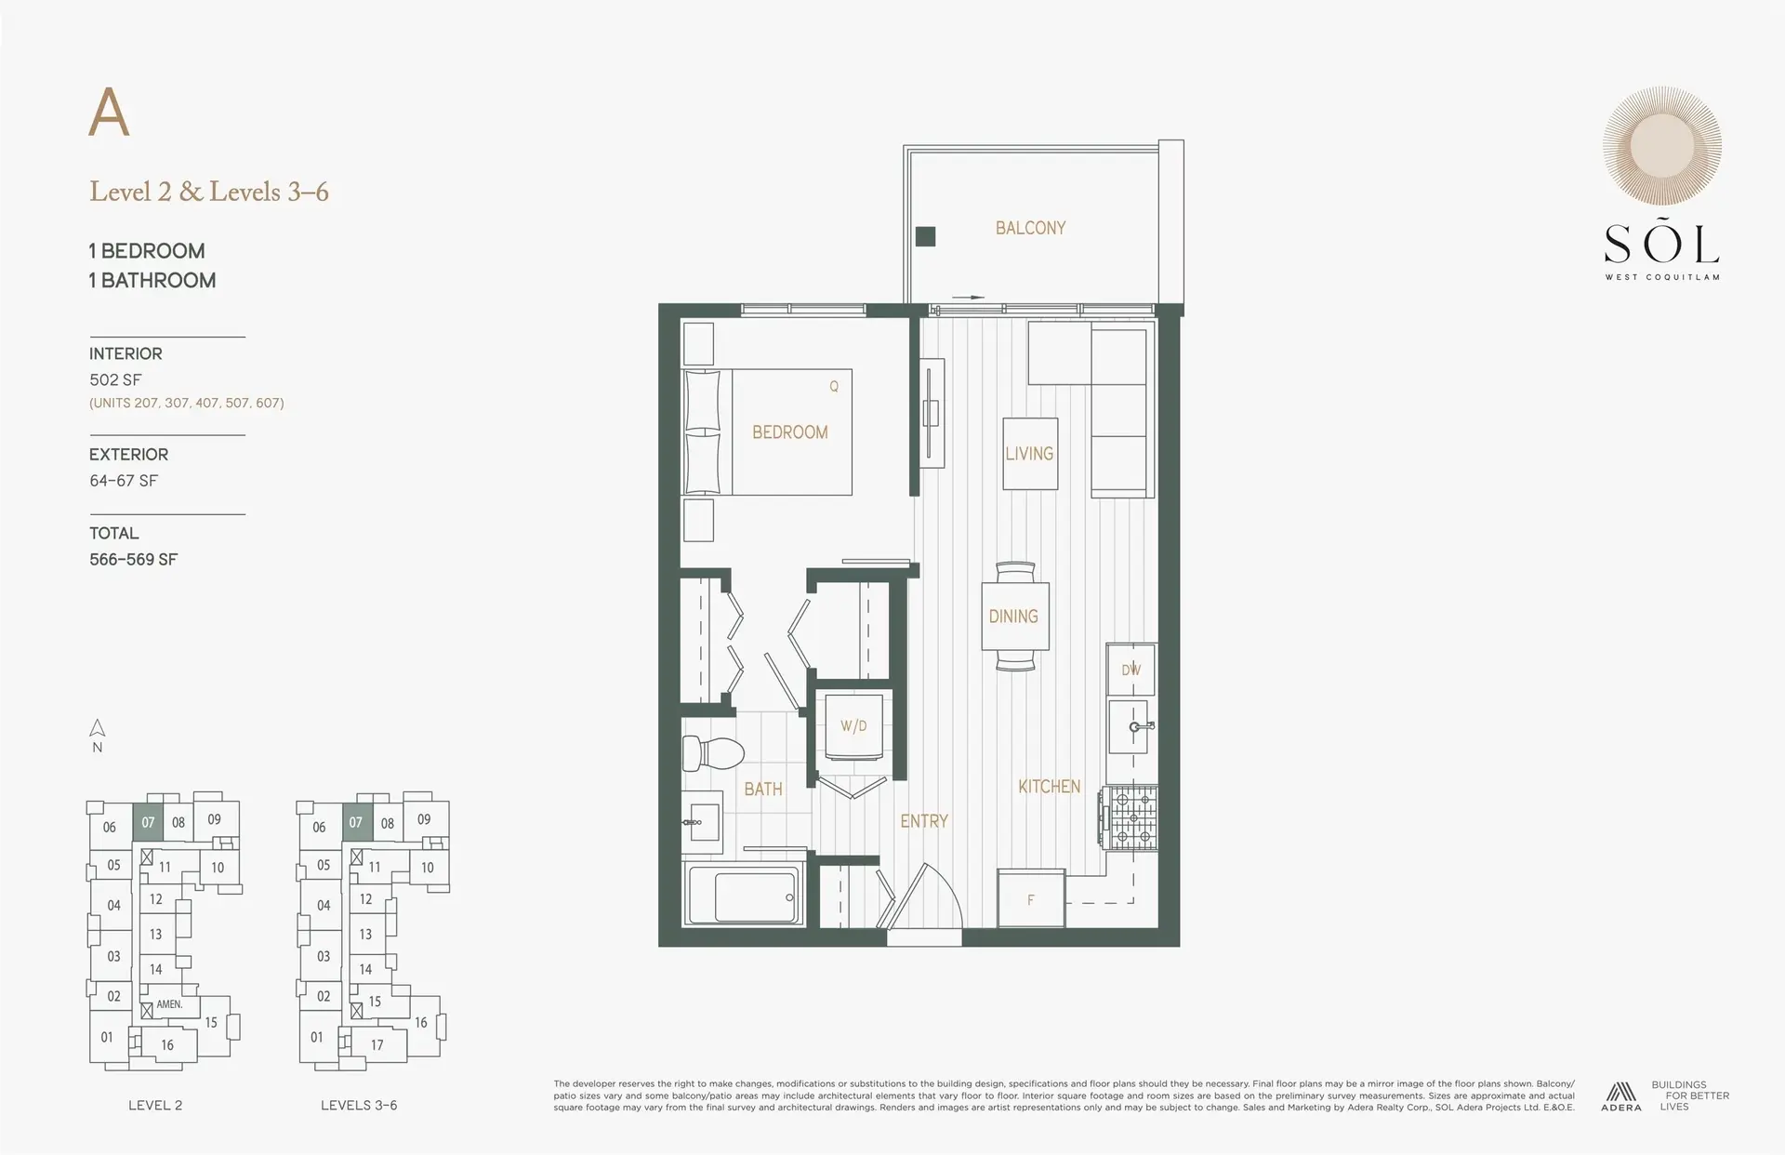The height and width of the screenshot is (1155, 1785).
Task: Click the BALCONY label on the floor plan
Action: click(x=1030, y=228)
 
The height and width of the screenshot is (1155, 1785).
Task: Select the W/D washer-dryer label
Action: click(x=853, y=725)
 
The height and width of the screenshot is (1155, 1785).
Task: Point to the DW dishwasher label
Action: click(x=1130, y=670)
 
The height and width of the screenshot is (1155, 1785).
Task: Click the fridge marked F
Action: click(x=1030, y=899)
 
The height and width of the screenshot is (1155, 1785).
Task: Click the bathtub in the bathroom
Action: click(x=744, y=896)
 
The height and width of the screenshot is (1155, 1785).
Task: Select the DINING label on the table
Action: click(x=1013, y=617)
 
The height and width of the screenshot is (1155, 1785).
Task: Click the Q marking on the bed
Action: click(x=834, y=387)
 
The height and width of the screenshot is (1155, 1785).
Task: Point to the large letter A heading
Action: click(x=109, y=114)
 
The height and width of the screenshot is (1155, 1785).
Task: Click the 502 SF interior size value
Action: click(x=115, y=379)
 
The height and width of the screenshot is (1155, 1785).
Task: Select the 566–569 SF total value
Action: click(x=133, y=559)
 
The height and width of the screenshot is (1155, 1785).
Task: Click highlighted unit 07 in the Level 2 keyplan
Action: click(x=148, y=822)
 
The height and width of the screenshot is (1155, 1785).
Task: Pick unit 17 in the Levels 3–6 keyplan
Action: click(x=377, y=1044)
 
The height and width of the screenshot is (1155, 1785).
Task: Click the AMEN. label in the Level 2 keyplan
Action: click(x=169, y=1004)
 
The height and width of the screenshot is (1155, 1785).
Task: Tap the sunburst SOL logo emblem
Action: click(x=1661, y=146)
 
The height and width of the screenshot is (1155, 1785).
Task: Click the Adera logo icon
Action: click(x=1621, y=1092)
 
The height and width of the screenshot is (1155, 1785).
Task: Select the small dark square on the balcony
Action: click(x=925, y=236)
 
